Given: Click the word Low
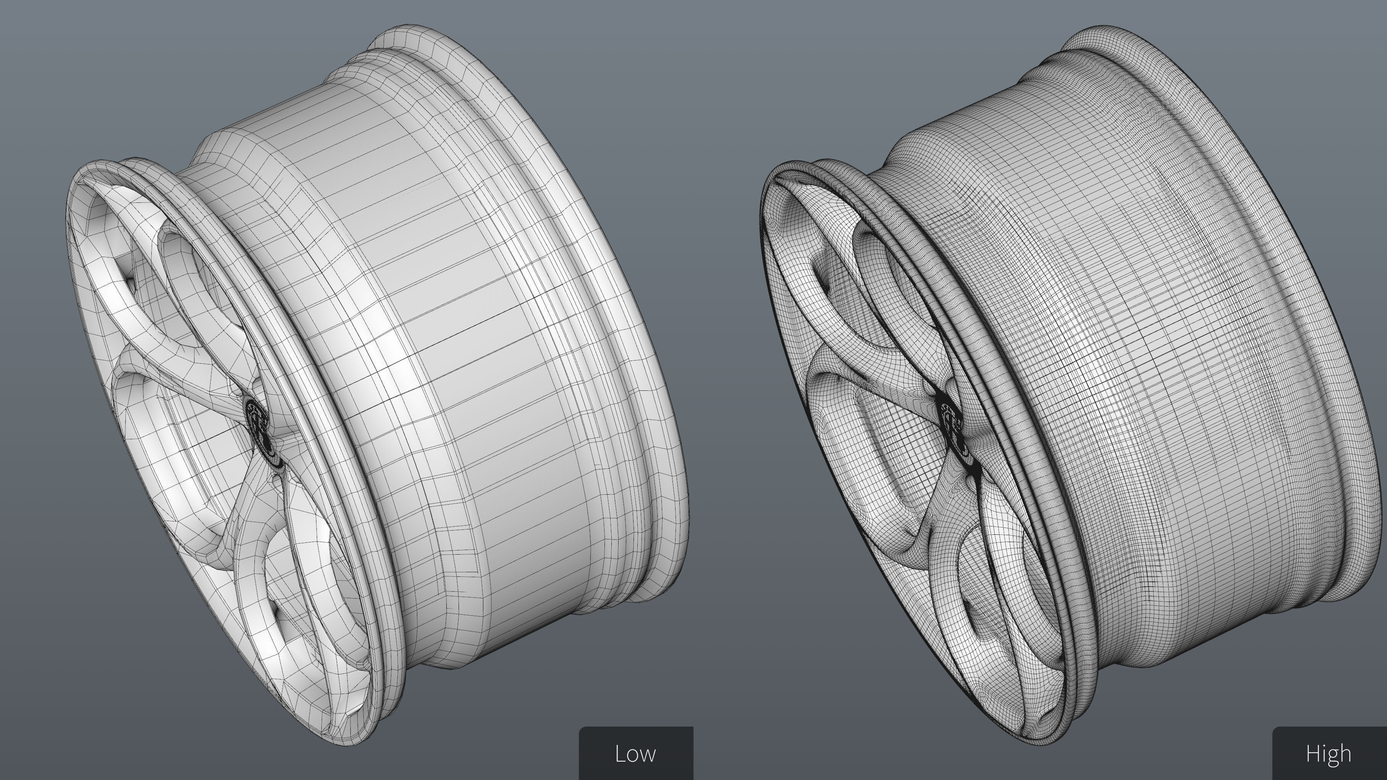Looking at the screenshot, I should pyautogui.click(x=635, y=754).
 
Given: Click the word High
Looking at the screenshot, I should pyautogui.click(x=1328, y=754).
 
